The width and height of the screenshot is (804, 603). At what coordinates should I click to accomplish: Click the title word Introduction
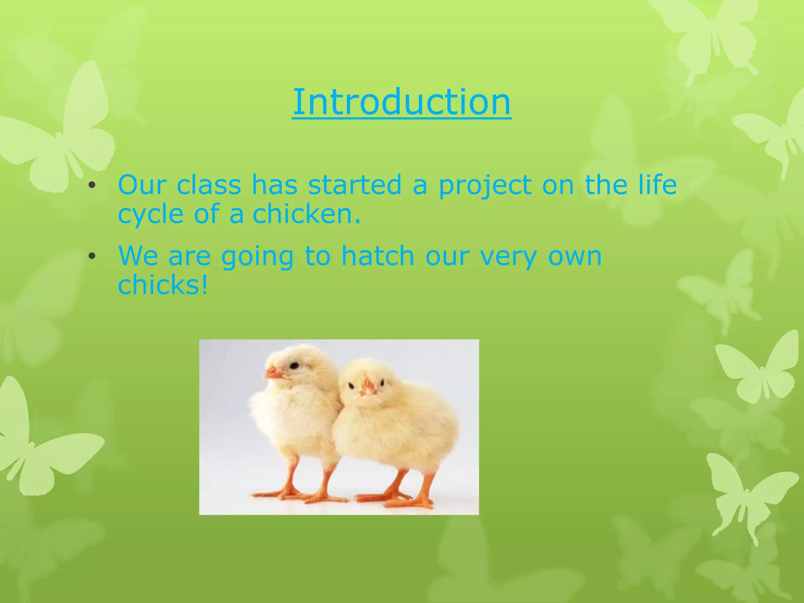pos(402,102)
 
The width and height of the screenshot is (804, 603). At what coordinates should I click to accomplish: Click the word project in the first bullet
pos(485,185)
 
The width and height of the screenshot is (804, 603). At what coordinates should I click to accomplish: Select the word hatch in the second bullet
pos(378,256)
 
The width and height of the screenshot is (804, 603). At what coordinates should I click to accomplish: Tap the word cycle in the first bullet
pos(151,215)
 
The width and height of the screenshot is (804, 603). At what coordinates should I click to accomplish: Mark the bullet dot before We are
pos(92,257)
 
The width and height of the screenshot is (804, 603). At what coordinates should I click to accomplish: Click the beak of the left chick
pos(272,373)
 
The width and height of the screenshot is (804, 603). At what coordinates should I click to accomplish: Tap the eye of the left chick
pos(293,366)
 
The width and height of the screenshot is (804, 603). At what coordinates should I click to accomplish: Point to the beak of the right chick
pos(369,388)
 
